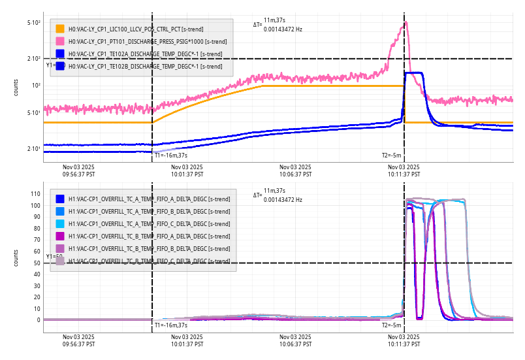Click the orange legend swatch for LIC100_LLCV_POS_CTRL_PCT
pyautogui.click(x=59, y=29)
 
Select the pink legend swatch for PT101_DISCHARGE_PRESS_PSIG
pyautogui.click(x=59, y=41)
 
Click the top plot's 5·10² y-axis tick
pyautogui.click(x=34, y=23)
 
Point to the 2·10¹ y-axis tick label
pyautogui.click(x=34, y=149)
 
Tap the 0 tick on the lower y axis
pyautogui.click(x=39, y=320)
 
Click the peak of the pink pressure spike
pyautogui.click(x=406, y=22)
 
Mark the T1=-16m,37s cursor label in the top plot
pyautogui.click(x=170, y=155)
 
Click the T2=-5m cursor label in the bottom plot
pyautogui.click(x=391, y=325)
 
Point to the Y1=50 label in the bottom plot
pyautogui.click(x=54, y=257)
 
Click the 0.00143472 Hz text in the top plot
pyautogui.click(x=283, y=29)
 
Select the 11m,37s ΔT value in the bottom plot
pyautogui.click(x=274, y=191)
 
